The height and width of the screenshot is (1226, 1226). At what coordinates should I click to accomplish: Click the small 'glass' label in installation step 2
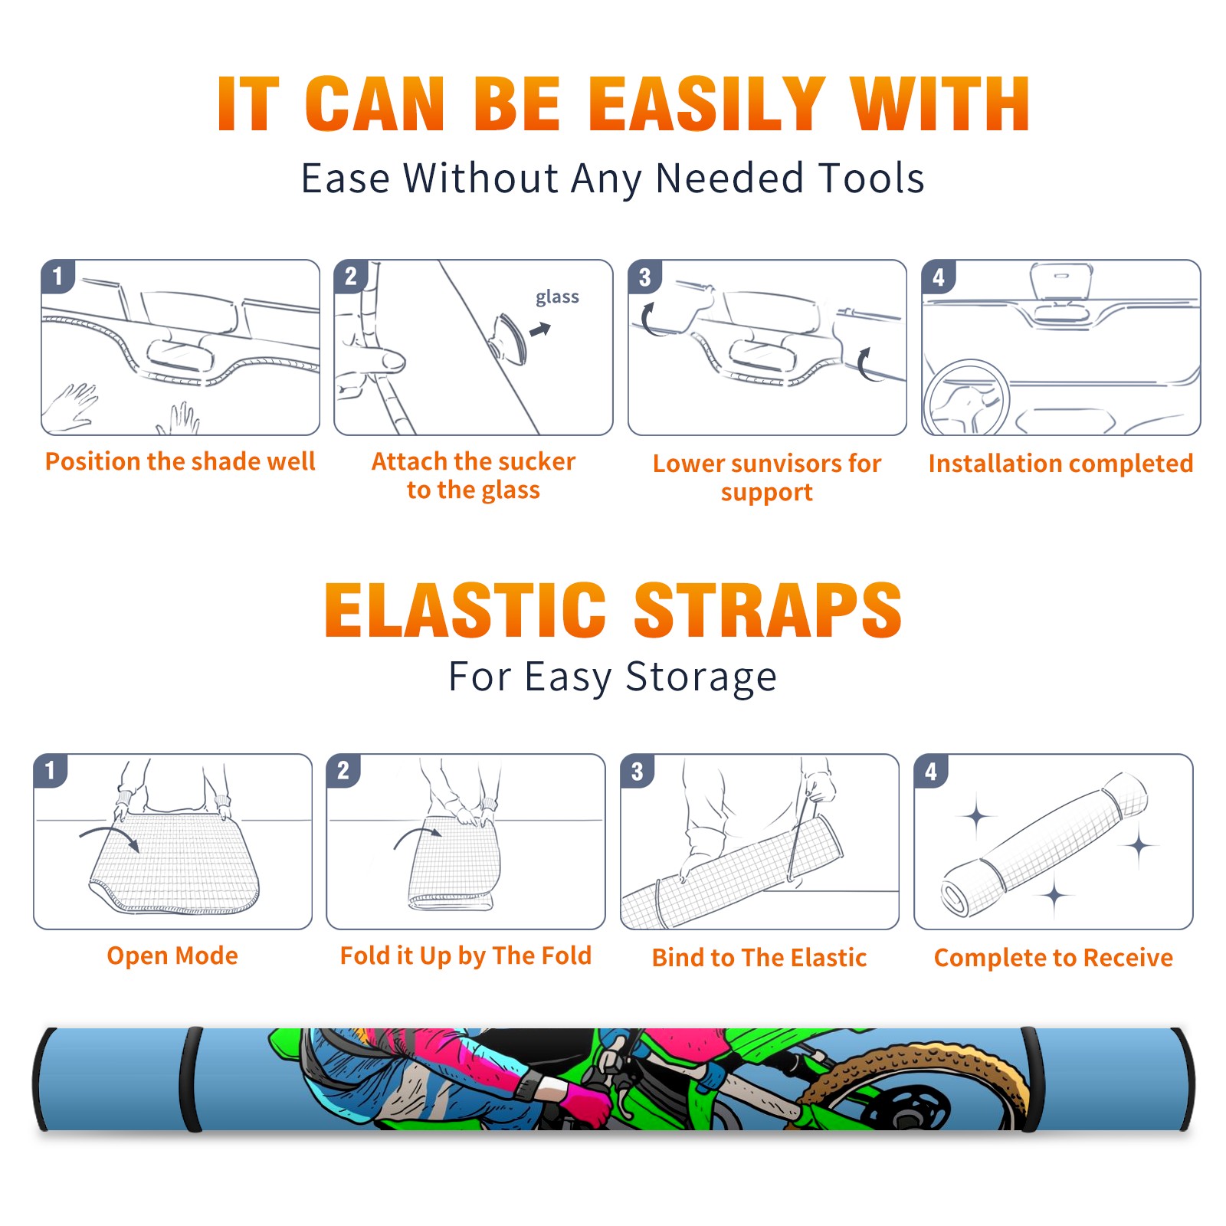click(x=557, y=297)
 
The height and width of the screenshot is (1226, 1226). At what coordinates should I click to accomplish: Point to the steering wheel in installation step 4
click(x=966, y=398)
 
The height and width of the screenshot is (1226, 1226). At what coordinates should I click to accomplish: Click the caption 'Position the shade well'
click(x=180, y=461)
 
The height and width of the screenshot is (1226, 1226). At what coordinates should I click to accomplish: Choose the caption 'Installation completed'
click(x=1060, y=464)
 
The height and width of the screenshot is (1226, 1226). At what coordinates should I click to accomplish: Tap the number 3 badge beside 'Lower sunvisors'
click(x=644, y=277)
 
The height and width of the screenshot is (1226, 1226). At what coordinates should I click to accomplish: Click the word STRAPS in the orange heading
click(x=769, y=610)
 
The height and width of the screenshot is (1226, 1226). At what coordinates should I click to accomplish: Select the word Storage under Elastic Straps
click(x=701, y=677)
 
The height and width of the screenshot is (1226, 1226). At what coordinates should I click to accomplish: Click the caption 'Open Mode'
click(x=172, y=956)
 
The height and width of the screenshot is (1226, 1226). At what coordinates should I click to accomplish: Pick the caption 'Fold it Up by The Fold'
click(x=466, y=956)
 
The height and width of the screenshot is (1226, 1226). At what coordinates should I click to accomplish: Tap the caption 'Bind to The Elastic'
click(x=759, y=958)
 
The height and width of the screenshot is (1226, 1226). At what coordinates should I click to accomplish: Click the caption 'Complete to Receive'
click(x=1054, y=958)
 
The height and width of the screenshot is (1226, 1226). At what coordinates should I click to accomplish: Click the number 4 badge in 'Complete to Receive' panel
click(x=931, y=771)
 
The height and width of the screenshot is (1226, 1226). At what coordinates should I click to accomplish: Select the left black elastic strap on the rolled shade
click(x=191, y=1079)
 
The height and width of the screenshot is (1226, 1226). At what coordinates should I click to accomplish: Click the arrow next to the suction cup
click(x=540, y=330)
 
